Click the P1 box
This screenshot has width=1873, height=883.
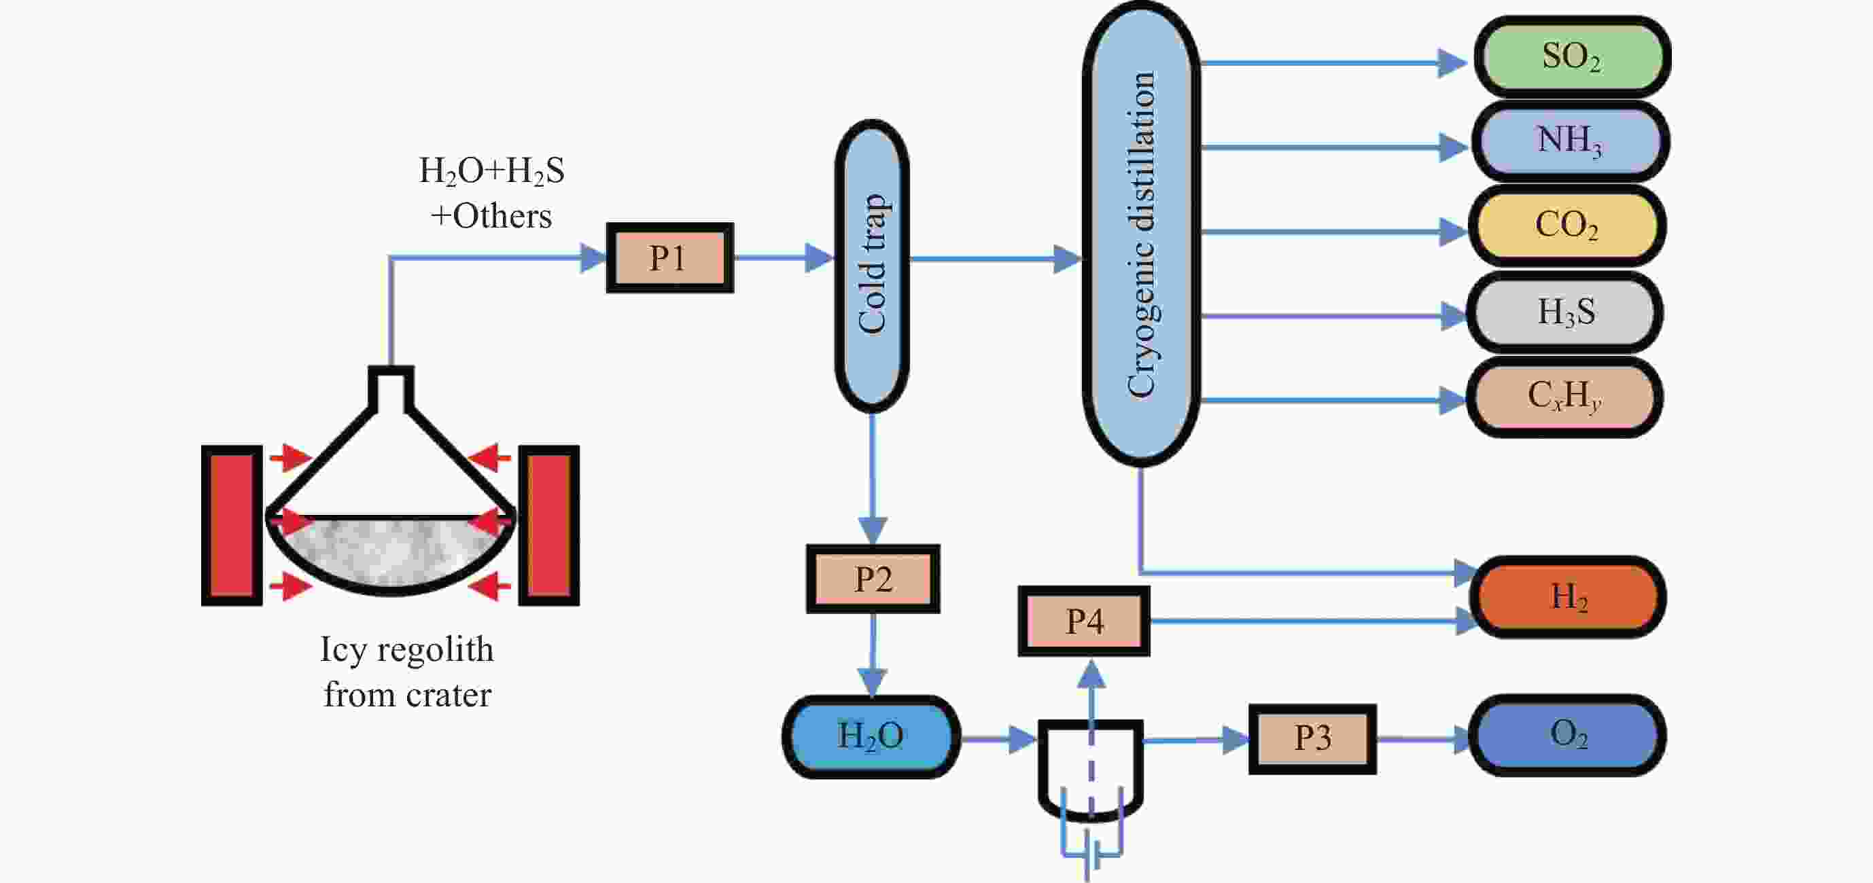tap(669, 258)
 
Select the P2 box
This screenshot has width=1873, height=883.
tap(873, 579)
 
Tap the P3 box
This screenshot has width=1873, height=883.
tap(1312, 738)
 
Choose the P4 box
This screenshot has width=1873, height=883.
tap(1083, 621)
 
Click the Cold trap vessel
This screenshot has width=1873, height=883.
tap(872, 266)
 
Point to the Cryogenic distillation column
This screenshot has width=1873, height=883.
tap(1141, 232)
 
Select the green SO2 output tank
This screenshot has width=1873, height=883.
tap(1572, 56)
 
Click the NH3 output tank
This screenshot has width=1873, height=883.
tap(1571, 141)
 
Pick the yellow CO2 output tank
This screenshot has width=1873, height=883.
tap(1568, 226)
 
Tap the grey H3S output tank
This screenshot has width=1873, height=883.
tap(1565, 312)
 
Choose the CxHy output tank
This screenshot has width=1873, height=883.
tap(1564, 397)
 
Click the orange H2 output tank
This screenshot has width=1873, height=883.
tap(1569, 596)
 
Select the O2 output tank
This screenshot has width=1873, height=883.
tap(1568, 735)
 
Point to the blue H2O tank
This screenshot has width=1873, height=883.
tap(871, 736)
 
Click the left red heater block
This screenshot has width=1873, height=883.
tap(232, 525)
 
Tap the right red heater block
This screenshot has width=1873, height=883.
tap(549, 525)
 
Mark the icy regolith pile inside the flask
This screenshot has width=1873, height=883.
tap(391, 549)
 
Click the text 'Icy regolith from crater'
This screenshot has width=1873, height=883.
tap(407, 672)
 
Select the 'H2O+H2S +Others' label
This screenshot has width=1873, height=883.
tap(491, 193)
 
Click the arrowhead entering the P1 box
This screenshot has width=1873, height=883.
tap(593, 258)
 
